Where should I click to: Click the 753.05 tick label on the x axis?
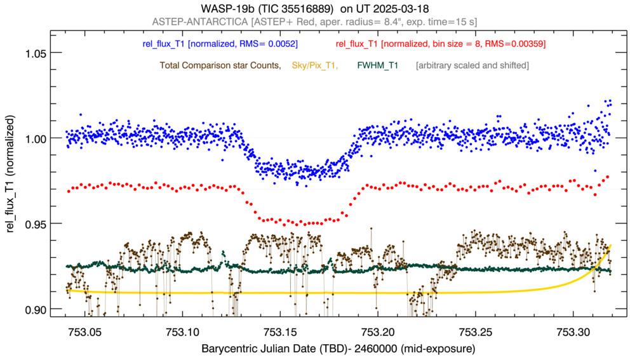85,332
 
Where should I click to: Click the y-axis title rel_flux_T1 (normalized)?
11,179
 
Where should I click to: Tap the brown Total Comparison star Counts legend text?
220,65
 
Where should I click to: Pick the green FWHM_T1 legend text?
378,65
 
